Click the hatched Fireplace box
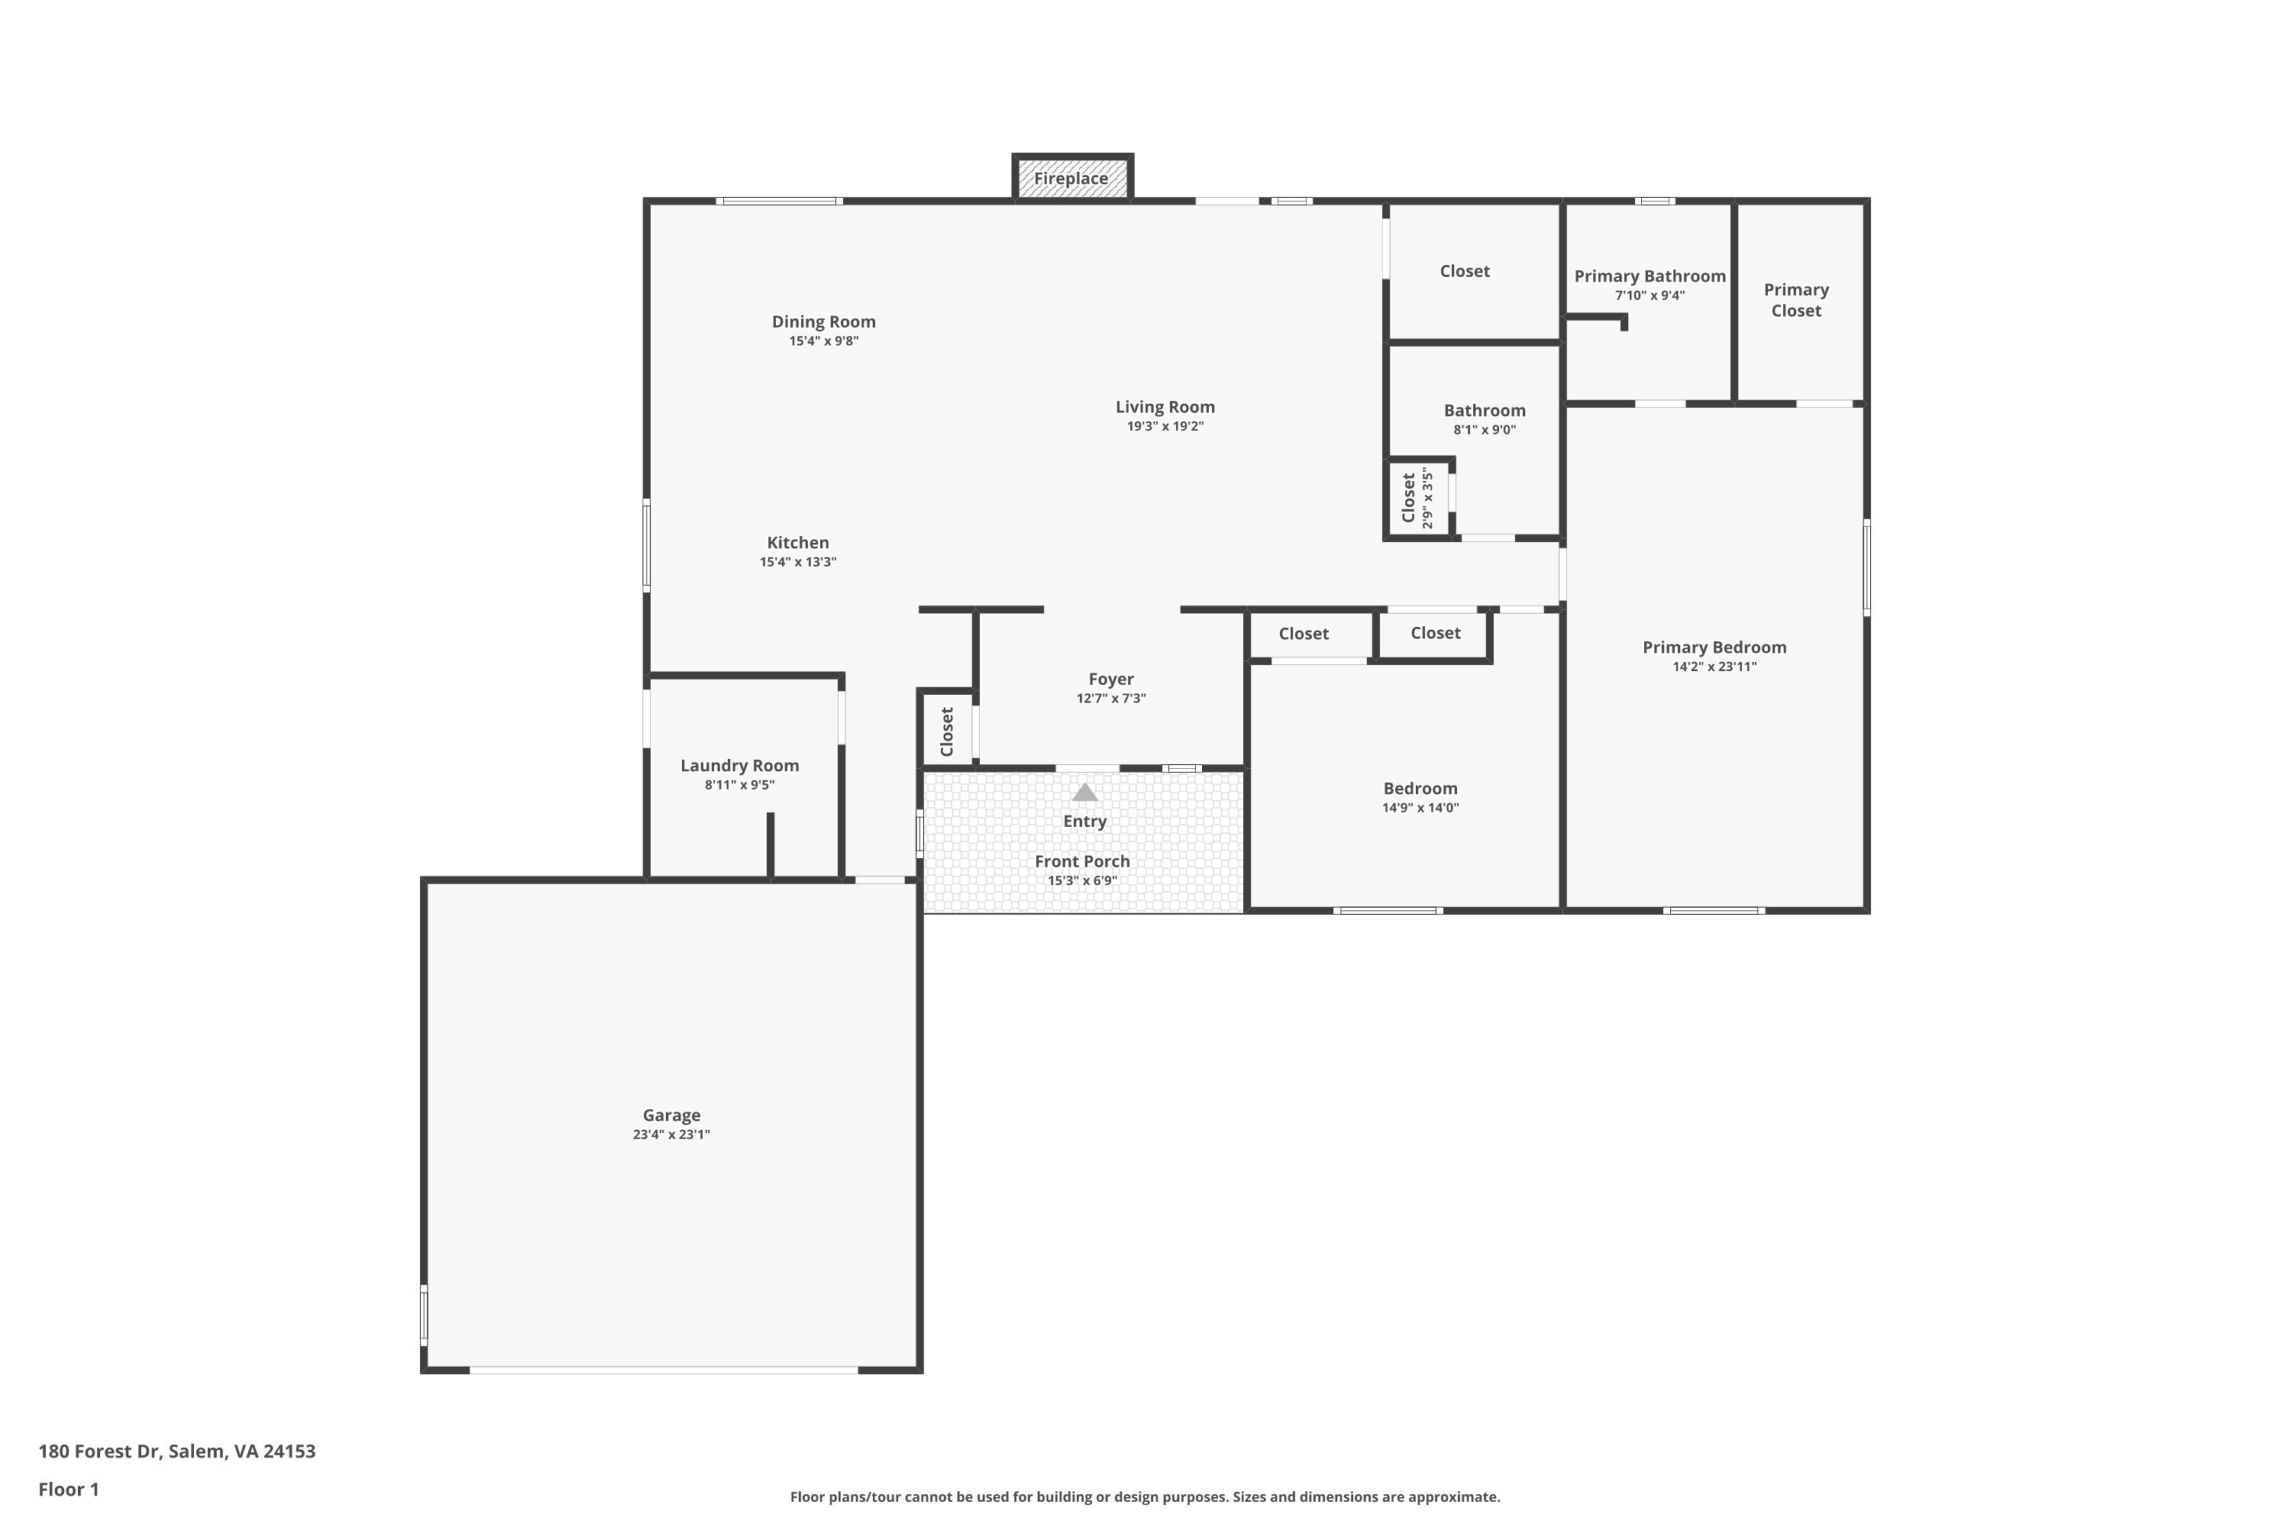point(1071,178)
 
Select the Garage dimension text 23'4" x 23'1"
point(671,1135)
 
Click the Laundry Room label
point(739,766)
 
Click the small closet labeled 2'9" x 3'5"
point(1417,499)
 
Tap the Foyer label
point(1110,679)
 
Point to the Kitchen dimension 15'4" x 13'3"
point(798,562)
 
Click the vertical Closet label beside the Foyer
point(947,731)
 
